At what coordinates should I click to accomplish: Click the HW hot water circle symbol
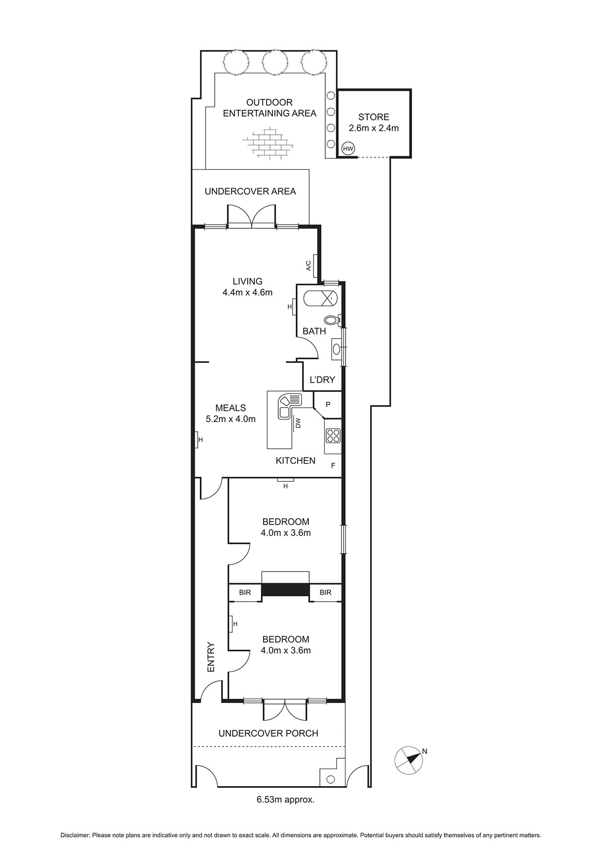click(x=348, y=149)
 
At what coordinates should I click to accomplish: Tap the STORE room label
click(x=374, y=117)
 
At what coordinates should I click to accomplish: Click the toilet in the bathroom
click(x=333, y=320)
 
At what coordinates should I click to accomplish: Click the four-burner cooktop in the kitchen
click(x=333, y=436)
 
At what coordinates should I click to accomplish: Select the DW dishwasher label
click(x=298, y=423)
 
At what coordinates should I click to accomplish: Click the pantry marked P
click(x=328, y=405)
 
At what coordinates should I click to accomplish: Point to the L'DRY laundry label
click(x=322, y=380)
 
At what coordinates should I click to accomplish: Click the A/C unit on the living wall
click(x=315, y=266)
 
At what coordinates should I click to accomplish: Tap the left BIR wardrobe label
click(x=245, y=592)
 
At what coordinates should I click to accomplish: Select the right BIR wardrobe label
click(x=325, y=592)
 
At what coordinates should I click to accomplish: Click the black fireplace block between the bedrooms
click(x=285, y=589)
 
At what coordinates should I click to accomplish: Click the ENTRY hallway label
click(x=211, y=657)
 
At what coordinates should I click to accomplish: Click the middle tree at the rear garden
click(x=274, y=63)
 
